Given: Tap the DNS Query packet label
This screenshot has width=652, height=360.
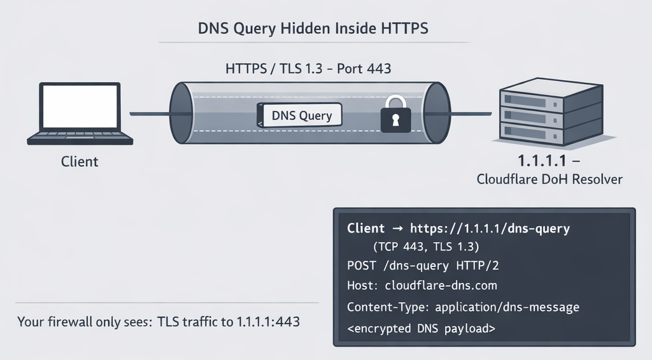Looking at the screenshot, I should tap(301, 115).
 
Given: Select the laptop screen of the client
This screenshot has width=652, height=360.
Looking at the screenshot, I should tap(80, 106).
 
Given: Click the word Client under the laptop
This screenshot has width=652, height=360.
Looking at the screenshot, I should tap(80, 162).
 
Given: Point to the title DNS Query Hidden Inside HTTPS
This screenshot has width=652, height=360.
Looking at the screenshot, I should tap(313, 29).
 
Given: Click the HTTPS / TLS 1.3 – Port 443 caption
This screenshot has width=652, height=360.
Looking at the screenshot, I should tap(309, 68).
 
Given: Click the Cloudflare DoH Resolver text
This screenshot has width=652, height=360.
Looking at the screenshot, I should tap(549, 179).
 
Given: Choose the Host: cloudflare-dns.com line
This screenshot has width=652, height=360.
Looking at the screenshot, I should tap(422, 285).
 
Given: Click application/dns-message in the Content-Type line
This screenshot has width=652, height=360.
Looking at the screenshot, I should tap(507, 307).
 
